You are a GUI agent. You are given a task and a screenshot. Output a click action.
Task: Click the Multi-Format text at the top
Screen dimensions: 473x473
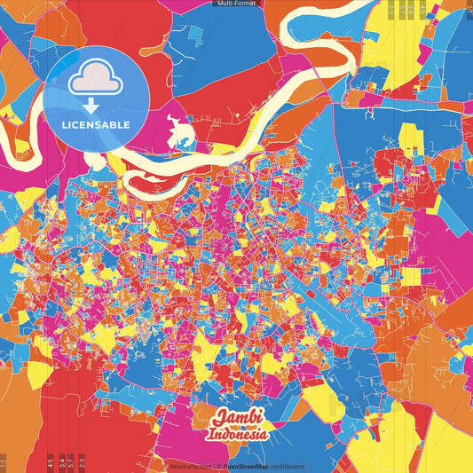(x=236, y=4)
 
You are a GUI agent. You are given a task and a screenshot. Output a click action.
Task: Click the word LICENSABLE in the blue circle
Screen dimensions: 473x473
(x=96, y=123)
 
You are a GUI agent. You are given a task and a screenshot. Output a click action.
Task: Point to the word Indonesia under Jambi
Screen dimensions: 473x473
(x=237, y=435)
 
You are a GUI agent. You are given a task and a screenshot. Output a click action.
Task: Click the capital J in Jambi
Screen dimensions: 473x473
(x=217, y=419)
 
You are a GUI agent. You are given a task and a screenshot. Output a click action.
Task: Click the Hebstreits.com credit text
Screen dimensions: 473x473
(x=187, y=466)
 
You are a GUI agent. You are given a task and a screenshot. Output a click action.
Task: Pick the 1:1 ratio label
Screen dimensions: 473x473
(x=4, y=461)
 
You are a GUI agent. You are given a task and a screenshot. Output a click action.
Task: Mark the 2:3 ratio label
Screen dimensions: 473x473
(x=82, y=461)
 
